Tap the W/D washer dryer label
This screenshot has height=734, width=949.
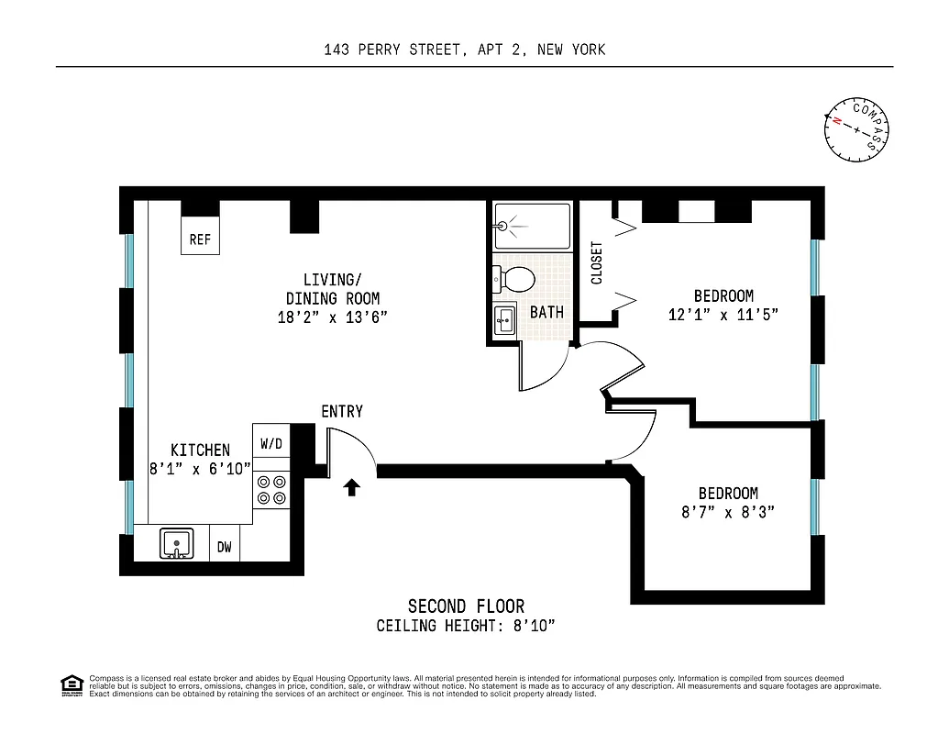270,444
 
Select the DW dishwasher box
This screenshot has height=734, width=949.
225,548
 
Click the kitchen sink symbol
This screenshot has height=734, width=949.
175,543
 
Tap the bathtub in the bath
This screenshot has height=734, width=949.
531,227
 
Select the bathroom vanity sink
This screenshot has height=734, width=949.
504,320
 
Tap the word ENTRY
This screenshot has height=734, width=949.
342,412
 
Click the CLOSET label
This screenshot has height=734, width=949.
597,262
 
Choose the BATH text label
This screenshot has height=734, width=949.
546,313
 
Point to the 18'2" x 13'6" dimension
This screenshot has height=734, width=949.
332,317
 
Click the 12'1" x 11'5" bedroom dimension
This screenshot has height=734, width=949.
723,315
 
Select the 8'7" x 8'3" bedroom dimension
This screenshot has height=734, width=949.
727,512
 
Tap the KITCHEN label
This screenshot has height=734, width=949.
200,450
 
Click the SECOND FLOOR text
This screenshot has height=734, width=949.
466,606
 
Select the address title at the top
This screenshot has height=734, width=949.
464,50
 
